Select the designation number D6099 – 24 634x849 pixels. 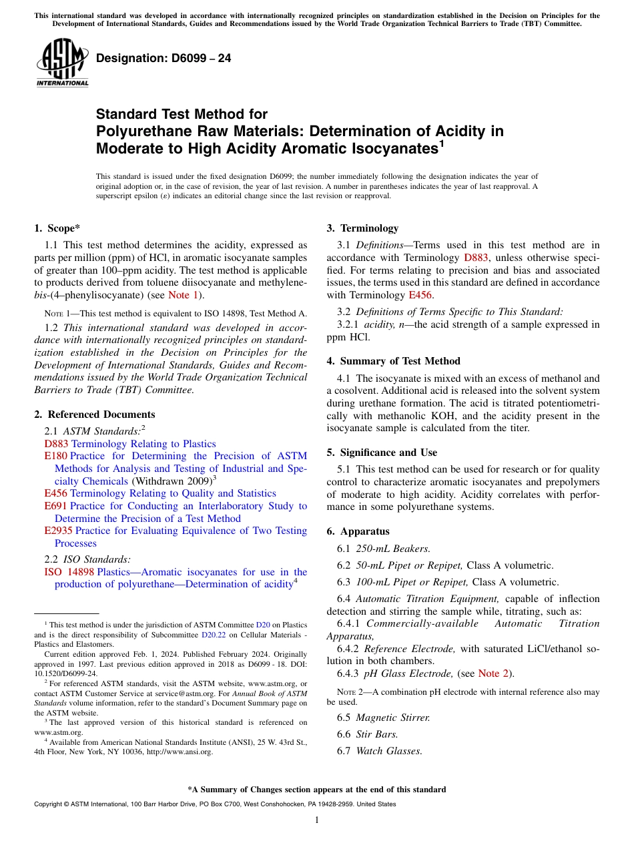click(x=164, y=58)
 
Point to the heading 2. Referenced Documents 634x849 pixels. click(x=95, y=414)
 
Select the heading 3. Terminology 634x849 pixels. click(x=362, y=228)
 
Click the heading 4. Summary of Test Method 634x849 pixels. click(x=394, y=361)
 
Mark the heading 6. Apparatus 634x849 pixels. click(x=358, y=531)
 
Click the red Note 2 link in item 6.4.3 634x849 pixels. click(x=493, y=673)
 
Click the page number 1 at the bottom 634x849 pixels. click(x=317, y=820)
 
